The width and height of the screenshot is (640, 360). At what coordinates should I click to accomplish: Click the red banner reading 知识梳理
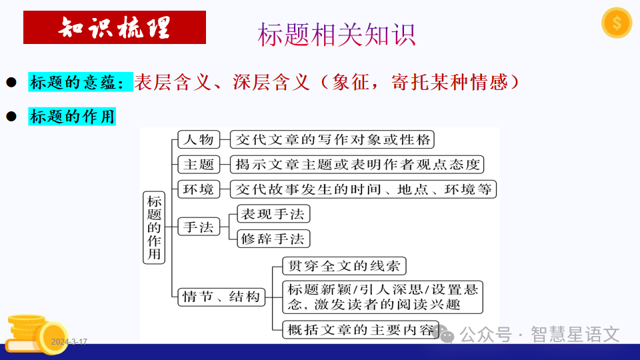115,27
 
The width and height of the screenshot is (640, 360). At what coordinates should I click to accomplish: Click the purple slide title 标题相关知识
337,35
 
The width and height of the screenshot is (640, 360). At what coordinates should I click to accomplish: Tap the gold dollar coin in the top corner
616,23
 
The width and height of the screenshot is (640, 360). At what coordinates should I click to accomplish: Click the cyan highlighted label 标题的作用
72,117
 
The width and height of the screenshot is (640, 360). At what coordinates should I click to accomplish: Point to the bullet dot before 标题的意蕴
11,82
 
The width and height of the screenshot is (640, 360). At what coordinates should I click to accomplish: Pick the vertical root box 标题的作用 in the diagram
154,227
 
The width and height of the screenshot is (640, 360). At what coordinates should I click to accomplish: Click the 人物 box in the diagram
198,139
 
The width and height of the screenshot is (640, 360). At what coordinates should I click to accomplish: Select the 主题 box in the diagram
198,164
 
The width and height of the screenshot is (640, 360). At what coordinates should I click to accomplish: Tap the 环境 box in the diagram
198,189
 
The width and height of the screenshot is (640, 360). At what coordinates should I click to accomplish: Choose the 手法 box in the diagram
198,227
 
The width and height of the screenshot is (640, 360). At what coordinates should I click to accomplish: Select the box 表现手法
274,214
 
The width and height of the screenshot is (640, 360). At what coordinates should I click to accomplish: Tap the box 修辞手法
274,238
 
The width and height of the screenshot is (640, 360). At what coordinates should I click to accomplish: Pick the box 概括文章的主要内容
361,329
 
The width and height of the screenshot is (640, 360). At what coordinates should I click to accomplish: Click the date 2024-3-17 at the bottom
69,342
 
